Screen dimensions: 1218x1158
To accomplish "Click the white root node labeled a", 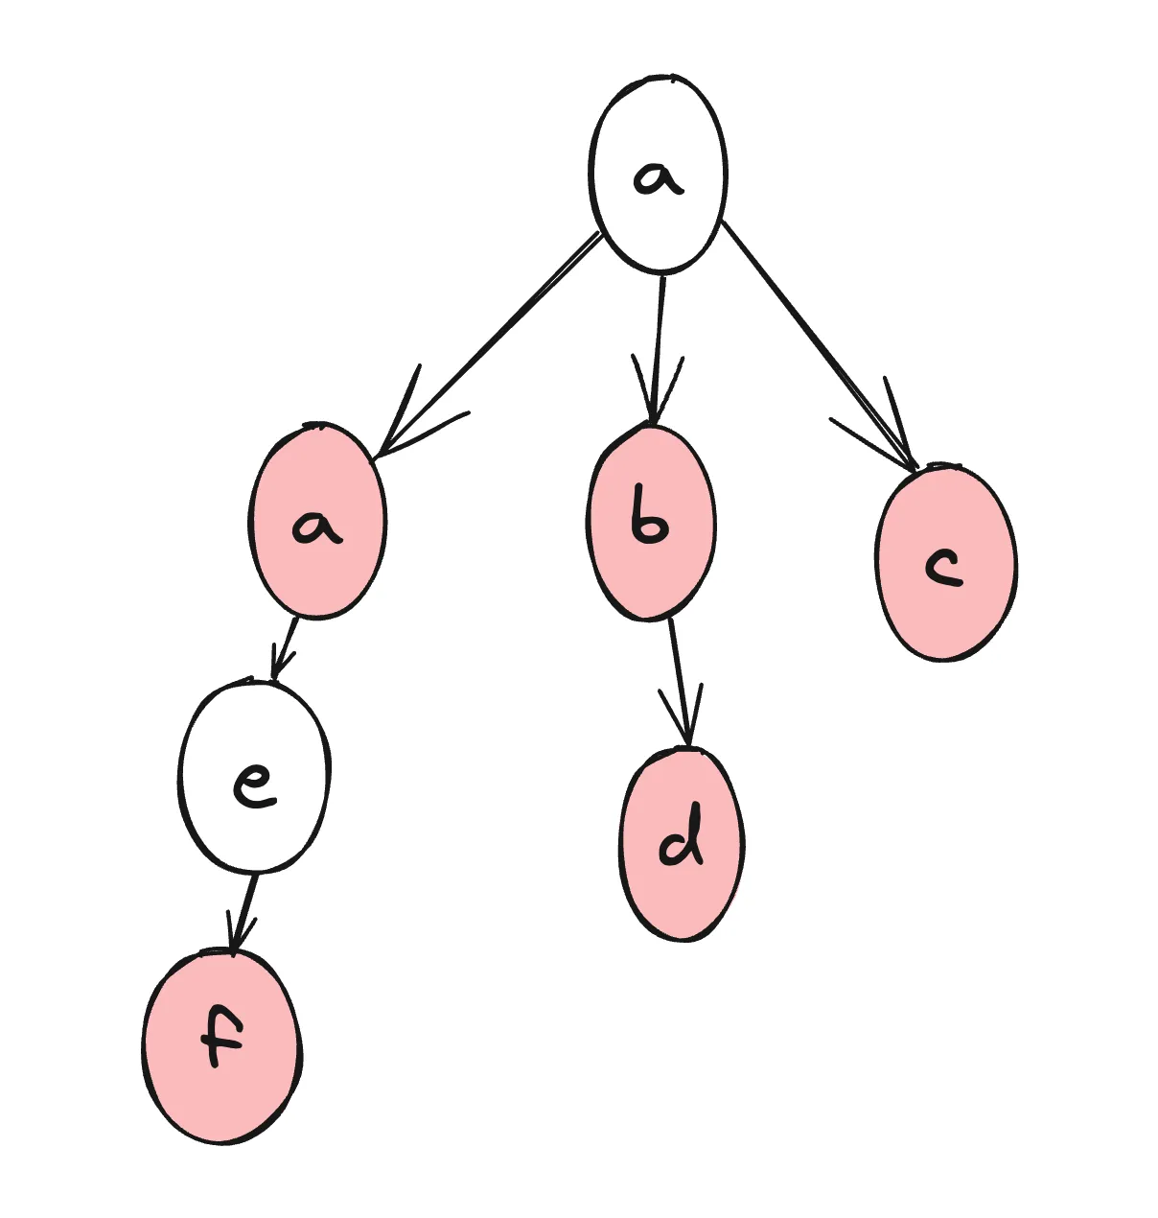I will pyautogui.click(x=658, y=173).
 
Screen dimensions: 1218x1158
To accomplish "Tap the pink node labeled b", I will pyautogui.click(x=651, y=523).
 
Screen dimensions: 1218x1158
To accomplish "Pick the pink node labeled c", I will pyautogui.click(x=945, y=564).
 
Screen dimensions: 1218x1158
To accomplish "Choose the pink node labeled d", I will pyautogui.click(x=682, y=844).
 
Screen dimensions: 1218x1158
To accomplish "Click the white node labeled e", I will pyautogui.click(x=254, y=777).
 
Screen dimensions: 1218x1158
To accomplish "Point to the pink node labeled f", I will pyautogui.click(x=222, y=1047).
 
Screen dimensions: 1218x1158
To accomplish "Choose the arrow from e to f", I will pyautogui.click(x=245, y=911).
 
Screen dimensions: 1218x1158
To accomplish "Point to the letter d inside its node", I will pyautogui.click(x=683, y=840).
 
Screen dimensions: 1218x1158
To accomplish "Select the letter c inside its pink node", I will pyautogui.click(x=943, y=568).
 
